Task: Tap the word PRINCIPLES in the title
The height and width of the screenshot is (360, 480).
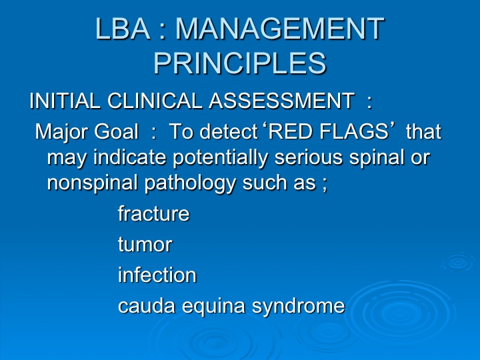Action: pyautogui.click(x=240, y=63)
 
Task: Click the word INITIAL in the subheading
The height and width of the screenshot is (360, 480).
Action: pyautogui.click(x=65, y=101)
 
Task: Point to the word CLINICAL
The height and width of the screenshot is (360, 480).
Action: pyautogui.click(x=155, y=101)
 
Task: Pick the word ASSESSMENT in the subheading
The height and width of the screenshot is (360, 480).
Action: pyautogui.click(x=281, y=101)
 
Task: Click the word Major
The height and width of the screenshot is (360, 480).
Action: pyautogui.click(x=61, y=131)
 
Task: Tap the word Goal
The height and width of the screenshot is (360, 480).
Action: pyautogui.click(x=116, y=131)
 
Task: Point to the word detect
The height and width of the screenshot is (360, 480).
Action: pyautogui.click(x=228, y=131)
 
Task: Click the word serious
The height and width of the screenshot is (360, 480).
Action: pyautogui.click(x=308, y=157)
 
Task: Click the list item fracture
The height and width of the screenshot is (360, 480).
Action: pyautogui.click(x=154, y=213)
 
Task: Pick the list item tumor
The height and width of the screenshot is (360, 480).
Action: pyautogui.click(x=145, y=244)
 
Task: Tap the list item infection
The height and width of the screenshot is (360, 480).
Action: pyautogui.click(x=157, y=274)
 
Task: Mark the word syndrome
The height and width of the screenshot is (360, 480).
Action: pyautogui.click(x=298, y=306)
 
